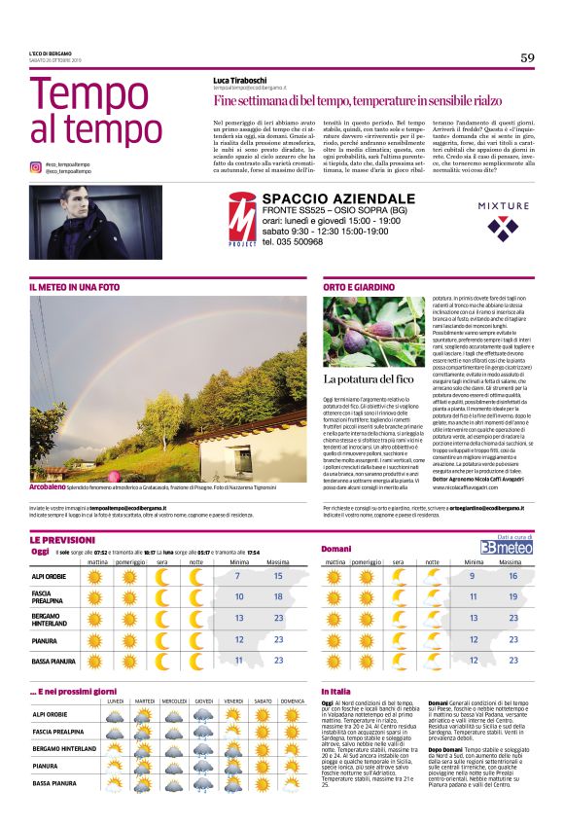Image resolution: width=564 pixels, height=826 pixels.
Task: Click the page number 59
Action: [x=527, y=57]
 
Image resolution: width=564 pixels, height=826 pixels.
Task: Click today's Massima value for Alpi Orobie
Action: [x=278, y=576]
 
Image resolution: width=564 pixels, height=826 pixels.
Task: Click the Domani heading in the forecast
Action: [x=336, y=550]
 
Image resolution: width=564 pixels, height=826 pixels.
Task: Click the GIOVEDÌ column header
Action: [x=204, y=700]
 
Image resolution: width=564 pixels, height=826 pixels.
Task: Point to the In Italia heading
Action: [x=336, y=690]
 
